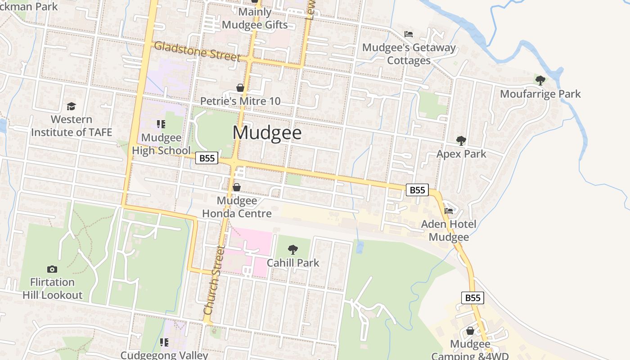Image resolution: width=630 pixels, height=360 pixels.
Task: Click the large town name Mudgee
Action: [267, 133]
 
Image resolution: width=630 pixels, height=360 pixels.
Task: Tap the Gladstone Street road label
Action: [197, 51]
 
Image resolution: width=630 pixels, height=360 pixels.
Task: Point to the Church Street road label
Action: [214, 280]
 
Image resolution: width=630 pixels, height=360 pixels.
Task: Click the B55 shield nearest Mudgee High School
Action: [207, 158]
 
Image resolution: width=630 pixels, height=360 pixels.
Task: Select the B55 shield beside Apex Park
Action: [417, 190]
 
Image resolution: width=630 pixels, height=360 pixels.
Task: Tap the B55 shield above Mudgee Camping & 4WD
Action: [472, 298]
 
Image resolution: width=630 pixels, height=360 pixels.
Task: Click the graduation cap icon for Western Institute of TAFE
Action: [71, 107]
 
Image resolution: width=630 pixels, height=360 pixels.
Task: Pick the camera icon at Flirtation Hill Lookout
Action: [52, 269]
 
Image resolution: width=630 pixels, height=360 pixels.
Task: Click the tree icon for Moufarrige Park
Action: [540, 81]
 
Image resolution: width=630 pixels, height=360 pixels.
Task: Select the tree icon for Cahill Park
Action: [293, 250]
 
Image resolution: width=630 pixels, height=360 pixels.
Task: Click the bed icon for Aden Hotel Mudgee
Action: [449, 211]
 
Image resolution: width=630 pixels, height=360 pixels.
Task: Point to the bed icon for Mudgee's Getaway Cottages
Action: [409, 34]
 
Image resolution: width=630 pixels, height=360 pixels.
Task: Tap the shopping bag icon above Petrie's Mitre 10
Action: [240, 88]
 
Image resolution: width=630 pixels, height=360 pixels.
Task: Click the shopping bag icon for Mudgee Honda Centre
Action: [237, 187]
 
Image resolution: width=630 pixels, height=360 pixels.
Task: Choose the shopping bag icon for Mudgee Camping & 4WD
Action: [470, 331]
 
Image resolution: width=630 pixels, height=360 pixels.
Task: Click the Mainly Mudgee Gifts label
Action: [255, 18]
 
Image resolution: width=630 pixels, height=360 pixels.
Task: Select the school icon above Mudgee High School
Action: [161, 124]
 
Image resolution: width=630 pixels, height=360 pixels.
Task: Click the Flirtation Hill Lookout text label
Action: [53, 288]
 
